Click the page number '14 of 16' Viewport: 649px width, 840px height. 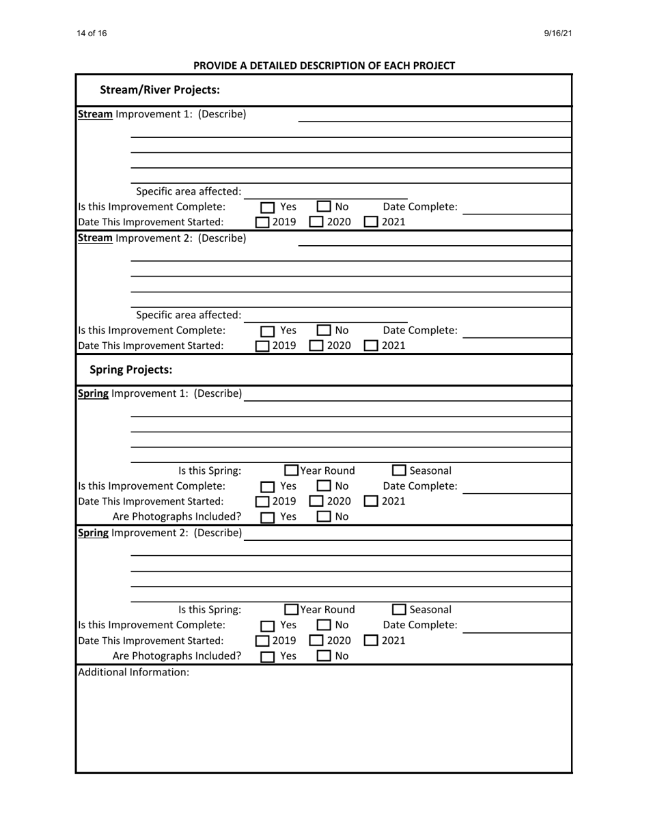point(92,33)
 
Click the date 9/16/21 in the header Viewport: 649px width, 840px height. point(557,33)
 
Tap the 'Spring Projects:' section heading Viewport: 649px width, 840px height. point(131,370)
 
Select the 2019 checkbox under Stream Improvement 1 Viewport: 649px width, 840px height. point(263,222)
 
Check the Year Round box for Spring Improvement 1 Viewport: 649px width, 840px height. point(292,471)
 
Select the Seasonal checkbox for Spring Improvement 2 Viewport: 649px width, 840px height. point(400,610)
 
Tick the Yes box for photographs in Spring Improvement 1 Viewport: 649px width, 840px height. point(268,518)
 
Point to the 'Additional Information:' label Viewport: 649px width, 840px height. point(133,673)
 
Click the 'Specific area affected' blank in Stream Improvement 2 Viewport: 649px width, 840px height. point(326,315)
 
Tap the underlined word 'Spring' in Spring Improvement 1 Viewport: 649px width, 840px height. point(94,394)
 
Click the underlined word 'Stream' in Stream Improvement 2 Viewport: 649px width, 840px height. point(96,238)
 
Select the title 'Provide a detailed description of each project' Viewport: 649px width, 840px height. point(324,66)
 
